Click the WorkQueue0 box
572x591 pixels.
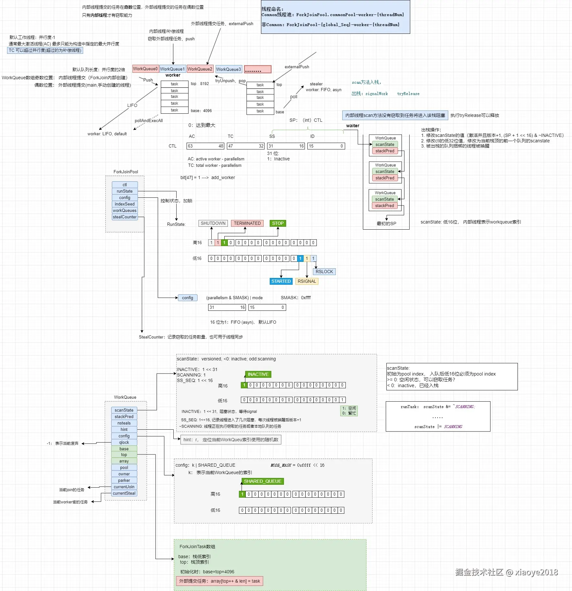[x=145, y=69]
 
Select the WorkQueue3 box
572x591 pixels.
[x=228, y=69]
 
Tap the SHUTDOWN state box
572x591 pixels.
[x=213, y=223]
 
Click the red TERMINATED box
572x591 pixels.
[x=247, y=223]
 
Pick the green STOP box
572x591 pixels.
[x=278, y=223]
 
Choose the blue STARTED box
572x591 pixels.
[x=281, y=281]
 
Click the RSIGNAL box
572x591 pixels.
[x=307, y=281]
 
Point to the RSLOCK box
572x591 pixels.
[x=324, y=272]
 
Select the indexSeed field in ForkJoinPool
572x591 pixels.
[x=125, y=204]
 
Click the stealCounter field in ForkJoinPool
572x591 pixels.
[x=125, y=217]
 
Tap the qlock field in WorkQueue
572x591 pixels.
[x=124, y=442]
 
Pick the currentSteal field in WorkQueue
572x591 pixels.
[x=124, y=493]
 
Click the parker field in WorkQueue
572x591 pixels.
[x=124, y=480]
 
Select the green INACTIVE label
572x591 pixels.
[x=258, y=374]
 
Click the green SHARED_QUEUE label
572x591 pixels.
[x=263, y=481]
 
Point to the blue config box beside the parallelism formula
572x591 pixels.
[x=188, y=298]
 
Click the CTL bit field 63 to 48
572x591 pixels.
[x=205, y=146]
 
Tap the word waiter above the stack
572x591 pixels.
[x=353, y=126]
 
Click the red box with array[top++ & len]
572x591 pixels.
[x=219, y=581]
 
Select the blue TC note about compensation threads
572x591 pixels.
[x=45, y=50]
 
